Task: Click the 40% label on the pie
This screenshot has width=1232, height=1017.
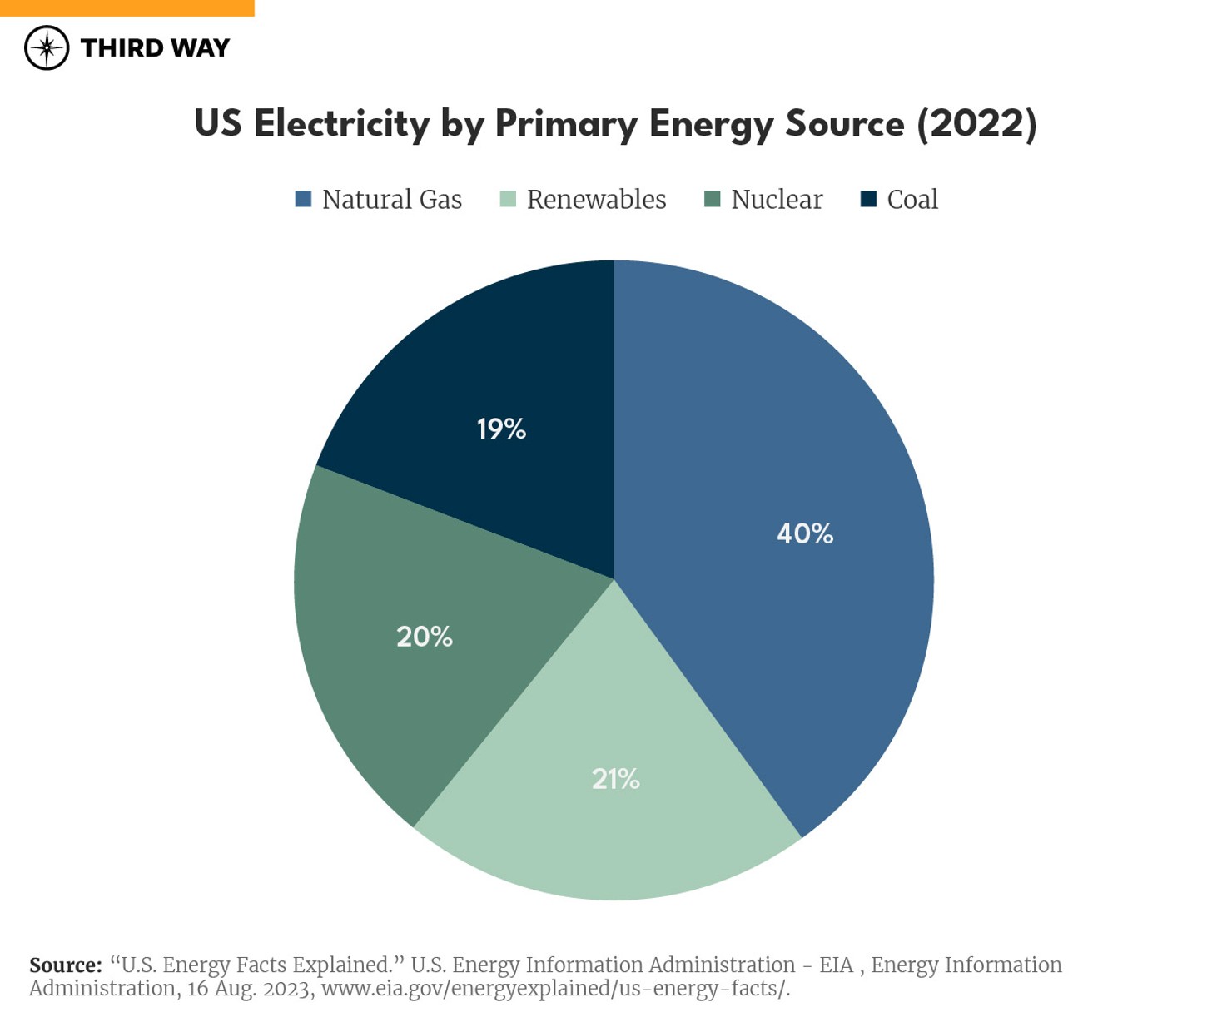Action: point(804,533)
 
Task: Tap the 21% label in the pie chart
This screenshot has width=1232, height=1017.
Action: point(615,779)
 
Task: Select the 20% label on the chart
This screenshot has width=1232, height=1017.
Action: point(424,637)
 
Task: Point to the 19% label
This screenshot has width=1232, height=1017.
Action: point(501,429)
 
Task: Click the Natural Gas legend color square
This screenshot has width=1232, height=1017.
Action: point(303,199)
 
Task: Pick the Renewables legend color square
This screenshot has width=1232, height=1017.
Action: point(508,199)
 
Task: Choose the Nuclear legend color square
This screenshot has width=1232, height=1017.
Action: point(712,199)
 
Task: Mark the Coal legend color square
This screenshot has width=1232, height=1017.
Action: point(868,199)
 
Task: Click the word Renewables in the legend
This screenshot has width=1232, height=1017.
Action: point(596,200)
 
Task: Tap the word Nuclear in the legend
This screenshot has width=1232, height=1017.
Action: point(776,200)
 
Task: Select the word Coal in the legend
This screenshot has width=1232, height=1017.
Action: point(912,200)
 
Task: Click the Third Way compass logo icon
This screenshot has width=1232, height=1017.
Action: point(47,47)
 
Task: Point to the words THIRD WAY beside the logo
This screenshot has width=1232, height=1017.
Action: point(155,48)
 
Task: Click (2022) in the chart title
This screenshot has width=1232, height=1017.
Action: point(976,124)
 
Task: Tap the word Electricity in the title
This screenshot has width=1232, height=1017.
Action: point(341,124)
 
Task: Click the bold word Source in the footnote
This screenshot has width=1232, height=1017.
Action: point(65,965)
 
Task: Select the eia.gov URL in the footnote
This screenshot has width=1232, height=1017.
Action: point(555,989)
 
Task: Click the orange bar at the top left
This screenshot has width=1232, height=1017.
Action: point(127,7)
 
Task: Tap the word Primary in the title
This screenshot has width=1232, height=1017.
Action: point(566,124)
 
